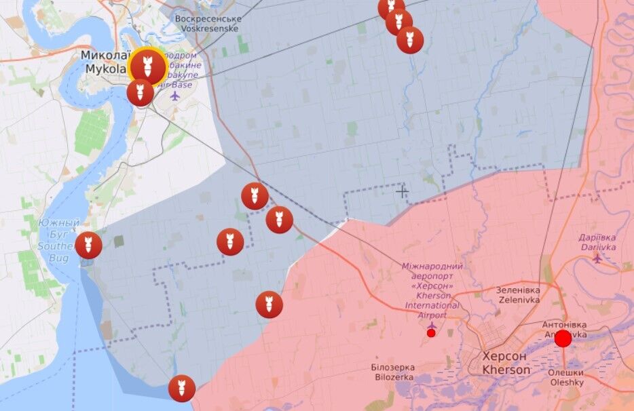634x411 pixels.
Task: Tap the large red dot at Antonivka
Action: click(x=563, y=338)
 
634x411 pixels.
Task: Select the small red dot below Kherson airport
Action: click(x=431, y=333)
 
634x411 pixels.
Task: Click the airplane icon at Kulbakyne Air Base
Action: click(x=176, y=96)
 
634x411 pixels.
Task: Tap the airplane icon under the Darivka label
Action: click(x=597, y=257)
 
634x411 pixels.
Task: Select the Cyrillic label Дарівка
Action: click(x=597, y=237)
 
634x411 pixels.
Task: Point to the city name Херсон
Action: click(x=506, y=357)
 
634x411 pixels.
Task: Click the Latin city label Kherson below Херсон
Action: click(x=506, y=370)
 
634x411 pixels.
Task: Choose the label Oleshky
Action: click(x=565, y=383)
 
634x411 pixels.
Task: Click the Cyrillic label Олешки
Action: click(x=565, y=372)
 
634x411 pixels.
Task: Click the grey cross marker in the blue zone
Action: click(x=402, y=192)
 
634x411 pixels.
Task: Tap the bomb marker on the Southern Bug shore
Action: click(x=88, y=246)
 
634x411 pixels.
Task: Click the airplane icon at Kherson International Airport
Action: click(x=431, y=324)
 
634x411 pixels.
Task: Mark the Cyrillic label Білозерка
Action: click(x=392, y=367)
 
